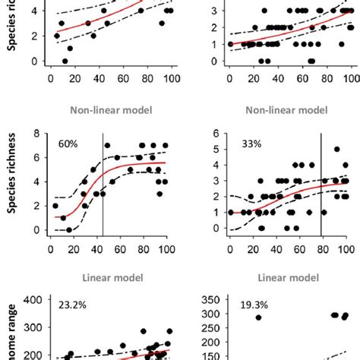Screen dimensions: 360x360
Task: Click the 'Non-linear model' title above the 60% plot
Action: click(x=112, y=109)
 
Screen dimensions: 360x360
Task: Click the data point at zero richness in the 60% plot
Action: click(x=68, y=230)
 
